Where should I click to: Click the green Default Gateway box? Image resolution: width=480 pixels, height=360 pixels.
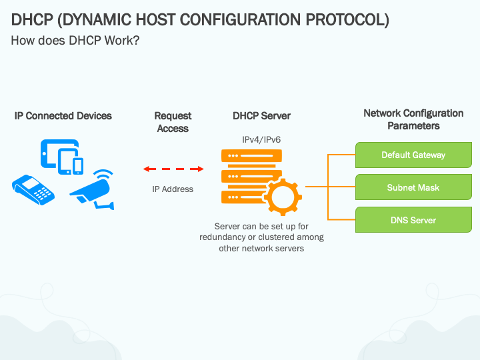tap(413, 155)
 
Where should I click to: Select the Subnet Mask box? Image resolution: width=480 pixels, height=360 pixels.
tap(413, 187)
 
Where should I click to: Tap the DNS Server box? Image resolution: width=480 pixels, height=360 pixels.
tap(413, 220)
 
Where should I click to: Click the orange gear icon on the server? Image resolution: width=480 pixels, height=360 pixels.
tap(283, 197)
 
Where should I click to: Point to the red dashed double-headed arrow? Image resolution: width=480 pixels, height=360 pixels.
tap(173, 169)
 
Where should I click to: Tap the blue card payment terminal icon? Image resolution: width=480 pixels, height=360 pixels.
tap(33, 189)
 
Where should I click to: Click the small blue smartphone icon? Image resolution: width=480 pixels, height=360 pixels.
tap(78, 166)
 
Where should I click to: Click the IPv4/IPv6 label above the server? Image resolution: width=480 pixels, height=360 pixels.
tap(261, 140)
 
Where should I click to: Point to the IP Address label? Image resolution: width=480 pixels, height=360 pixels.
tap(173, 189)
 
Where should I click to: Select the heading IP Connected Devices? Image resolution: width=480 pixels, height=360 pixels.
tap(63, 116)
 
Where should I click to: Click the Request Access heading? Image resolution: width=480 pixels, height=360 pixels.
tap(173, 122)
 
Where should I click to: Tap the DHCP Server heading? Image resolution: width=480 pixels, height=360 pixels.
tap(262, 116)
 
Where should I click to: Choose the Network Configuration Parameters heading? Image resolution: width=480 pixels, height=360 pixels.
tap(413, 120)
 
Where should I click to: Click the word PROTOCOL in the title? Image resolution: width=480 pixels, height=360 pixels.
tap(347, 20)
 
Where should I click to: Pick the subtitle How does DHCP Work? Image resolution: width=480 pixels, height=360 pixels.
tap(75, 41)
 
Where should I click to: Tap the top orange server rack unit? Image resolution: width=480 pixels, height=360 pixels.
tap(251, 156)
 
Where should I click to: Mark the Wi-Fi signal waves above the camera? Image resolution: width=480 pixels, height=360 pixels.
tap(104, 173)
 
